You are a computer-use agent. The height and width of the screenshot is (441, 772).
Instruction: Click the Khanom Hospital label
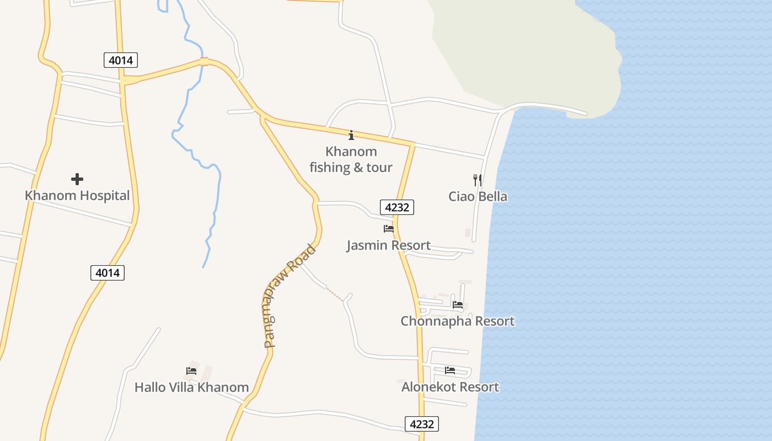pyautogui.click(x=77, y=196)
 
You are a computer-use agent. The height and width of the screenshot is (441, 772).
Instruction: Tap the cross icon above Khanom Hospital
pyautogui.click(x=77, y=179)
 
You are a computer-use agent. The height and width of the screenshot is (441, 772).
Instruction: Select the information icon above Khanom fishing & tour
pyautogui.click(x=351, y=135)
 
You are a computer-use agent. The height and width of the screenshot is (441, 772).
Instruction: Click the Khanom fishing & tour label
pyautogui.click(x=351, y=159)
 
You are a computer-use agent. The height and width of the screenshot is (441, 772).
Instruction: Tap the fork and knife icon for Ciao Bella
pyautogui.click(x=478, y=180)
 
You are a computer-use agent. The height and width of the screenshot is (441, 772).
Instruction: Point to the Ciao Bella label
pyautogui.click(x=478, y=197)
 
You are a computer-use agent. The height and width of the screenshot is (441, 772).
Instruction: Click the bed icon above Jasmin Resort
pyautogui.click(x=389, y=228)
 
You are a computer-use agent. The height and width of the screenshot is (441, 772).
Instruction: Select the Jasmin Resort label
pyautogui.click(x=388, y=245)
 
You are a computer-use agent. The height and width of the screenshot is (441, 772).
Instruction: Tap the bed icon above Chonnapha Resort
pyautogui.click(x=458, y=304)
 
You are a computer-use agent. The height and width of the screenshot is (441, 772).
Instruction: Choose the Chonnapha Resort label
pyautogui.click(x=457, y=321)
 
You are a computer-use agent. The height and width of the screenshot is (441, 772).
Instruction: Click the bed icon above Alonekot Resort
pyautogui.click(x=450, y=370)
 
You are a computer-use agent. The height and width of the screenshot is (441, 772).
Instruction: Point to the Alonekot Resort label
pyautogui.click(x=450, y=387)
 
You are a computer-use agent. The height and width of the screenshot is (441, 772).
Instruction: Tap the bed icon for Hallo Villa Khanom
pyautogui.click(x=191, y=370)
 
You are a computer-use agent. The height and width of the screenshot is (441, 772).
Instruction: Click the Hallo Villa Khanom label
pyautogui.click(x=191, y=388)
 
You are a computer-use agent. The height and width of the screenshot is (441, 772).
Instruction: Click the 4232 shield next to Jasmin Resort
pyautogui.click(x=397, y=207)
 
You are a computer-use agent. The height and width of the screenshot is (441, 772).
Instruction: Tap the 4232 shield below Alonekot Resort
pyautogui.click(x=422, y=424)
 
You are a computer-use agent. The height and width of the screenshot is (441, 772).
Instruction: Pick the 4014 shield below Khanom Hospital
pyautogui.click(x=108, y=272)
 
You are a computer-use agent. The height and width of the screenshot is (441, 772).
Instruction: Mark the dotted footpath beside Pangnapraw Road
pyautogui.click(x=335, y=293)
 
